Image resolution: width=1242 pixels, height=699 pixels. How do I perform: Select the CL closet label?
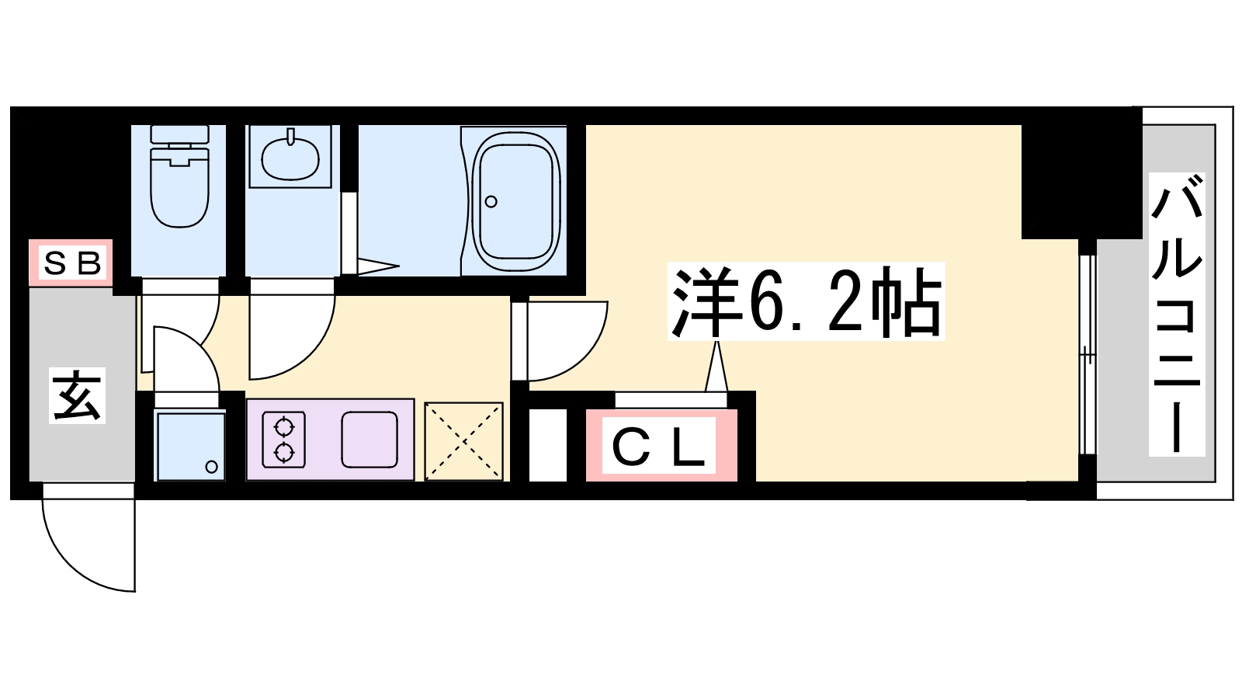(x=659, y=446)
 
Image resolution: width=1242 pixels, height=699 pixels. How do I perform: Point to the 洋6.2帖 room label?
(x=806, y=302)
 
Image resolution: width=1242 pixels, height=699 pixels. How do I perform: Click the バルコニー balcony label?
(x=1177, y=314)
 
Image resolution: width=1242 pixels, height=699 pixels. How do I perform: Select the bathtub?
(x=515, y=201)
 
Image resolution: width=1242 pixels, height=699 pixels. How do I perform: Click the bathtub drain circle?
(x=491, y=202)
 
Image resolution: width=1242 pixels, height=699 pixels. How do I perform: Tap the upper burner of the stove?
(x=284, y=428)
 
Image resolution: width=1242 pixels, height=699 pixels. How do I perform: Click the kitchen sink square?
(x=369, y=440)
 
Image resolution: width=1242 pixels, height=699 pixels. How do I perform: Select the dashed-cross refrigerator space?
(x=463, y=441)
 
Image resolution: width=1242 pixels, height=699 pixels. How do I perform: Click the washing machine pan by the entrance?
(x=190, y=446)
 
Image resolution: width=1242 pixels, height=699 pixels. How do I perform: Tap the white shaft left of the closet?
(x=548, y=446)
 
